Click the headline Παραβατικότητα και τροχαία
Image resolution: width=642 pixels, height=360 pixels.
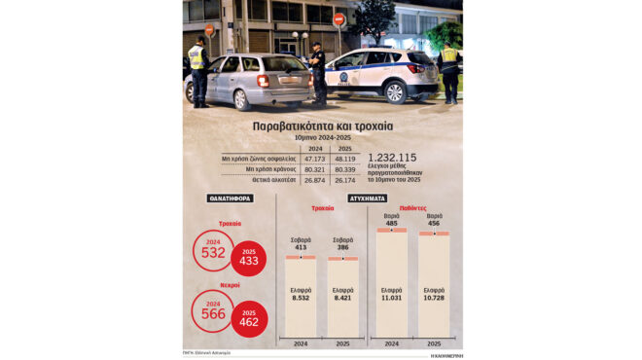coord(321,126)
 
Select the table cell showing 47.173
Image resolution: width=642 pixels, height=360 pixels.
coord(315,158)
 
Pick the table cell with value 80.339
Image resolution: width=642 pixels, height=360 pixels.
coord(345,169)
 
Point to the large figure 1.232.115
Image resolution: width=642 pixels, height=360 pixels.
coord(394,158)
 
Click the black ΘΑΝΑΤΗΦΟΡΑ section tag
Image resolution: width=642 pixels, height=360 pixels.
coord(231,198)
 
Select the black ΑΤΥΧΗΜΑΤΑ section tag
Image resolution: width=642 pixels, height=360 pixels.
coord(368,198)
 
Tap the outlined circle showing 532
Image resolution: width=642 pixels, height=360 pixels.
coord(213,250)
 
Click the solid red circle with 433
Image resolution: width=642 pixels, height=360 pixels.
coord(248,258)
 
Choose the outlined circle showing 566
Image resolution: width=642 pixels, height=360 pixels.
coord(213,310)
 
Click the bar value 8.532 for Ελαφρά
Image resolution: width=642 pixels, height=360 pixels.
coord(301,298)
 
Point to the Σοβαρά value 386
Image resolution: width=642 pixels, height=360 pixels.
coord(342,248)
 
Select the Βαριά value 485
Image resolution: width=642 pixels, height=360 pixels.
coord(391,223)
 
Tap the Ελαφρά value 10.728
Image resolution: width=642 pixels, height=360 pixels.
coord(434,297)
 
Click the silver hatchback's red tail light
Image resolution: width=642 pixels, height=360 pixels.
coord(263,80)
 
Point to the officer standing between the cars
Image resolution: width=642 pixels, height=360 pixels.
coord(318,73)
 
